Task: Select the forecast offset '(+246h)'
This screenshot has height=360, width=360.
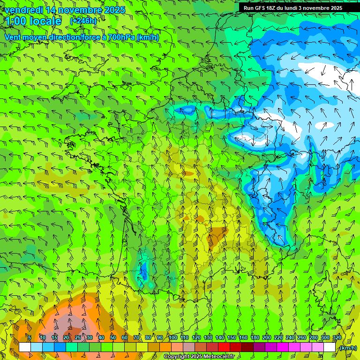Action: (x=83, y=21)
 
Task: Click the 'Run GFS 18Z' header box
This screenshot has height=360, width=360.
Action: (x=293, y=8)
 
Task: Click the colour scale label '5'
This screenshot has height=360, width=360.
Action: (x=29, y=337)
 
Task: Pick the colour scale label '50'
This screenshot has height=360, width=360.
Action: (x=112, y=337)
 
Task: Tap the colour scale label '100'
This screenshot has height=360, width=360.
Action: (x=172, y=337)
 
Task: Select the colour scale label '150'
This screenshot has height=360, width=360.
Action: (x=232, y=337)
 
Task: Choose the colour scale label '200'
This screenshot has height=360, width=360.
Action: (x=267, y=337)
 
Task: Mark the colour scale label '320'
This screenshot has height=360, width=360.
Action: (x=337, y=337)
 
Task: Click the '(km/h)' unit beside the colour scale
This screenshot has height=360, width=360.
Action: (x=348, y=348)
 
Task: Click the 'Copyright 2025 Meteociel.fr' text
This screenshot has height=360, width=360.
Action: (x=199, y=357)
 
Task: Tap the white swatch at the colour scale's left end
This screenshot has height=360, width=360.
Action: (x=25, y=347)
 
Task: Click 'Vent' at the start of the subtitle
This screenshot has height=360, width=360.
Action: (x=13, y=37)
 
